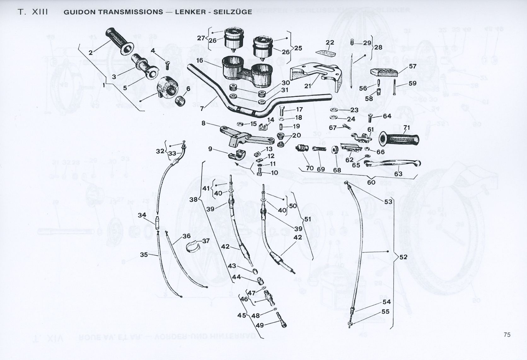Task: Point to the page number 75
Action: point(507,335)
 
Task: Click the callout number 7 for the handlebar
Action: point(202,108)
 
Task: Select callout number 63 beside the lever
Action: point(398,174)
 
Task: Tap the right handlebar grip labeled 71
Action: point(400,139)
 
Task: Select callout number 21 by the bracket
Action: point(308,86)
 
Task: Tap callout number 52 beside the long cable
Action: point(403,257)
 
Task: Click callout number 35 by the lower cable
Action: point(144,254)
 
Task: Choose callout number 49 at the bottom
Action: point(260,325)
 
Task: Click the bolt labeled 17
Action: point(281,112)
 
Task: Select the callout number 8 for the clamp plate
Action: point(204,123)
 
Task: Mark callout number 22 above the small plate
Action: point(330,43)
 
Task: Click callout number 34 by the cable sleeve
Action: point(142,215)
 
